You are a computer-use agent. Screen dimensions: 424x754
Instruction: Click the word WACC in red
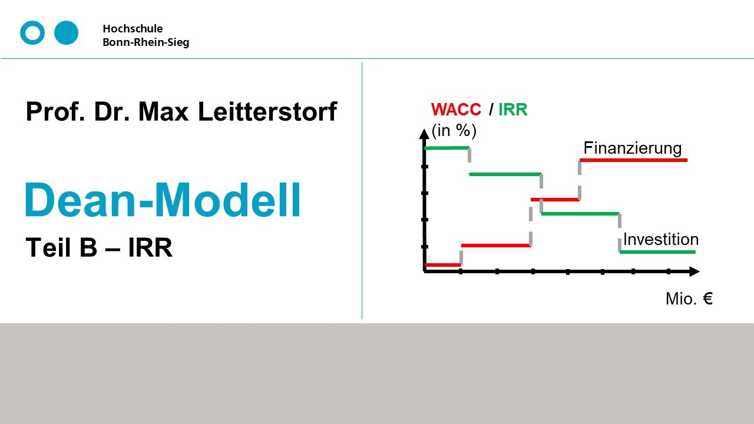coord(456,110)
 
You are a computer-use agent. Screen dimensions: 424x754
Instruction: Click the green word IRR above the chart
coord(512,110)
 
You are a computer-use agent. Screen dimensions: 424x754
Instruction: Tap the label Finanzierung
coord(632,148)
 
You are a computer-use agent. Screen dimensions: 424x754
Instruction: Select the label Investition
coord(660,240)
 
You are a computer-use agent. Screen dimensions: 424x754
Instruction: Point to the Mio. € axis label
coord(689,299)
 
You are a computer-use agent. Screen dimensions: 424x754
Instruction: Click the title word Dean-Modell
coord(163,201)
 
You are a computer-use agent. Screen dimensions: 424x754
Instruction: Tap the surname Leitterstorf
coord(267,111)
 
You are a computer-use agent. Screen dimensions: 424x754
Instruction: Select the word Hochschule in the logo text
coord(133,29)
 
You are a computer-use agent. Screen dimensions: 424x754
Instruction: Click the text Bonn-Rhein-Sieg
coord(146,42)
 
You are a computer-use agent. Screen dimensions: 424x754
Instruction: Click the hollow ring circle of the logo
coord(32,33)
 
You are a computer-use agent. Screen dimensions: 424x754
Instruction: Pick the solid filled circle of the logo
coord(66,33)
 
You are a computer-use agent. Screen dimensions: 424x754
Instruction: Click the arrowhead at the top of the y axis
coord(424,134)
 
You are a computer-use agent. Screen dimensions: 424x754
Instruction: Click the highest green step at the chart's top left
coord(447,148)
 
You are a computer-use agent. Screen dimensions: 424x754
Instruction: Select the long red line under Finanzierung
coord(633,160)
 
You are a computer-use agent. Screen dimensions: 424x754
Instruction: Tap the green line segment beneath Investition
coord(657,252)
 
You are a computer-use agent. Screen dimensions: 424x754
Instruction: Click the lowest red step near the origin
coord(442,265)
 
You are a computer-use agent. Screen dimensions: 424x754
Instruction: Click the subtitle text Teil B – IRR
coord(99,248)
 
